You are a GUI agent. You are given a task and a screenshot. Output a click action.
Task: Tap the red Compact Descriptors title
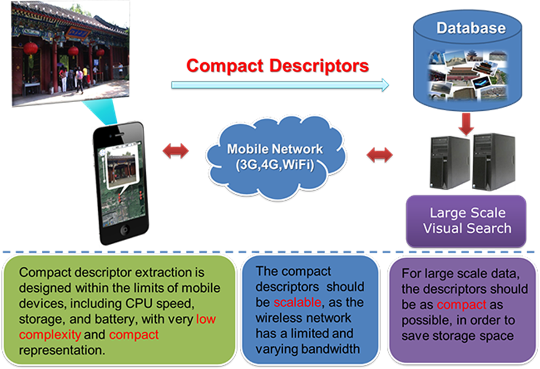(x=277, y=65)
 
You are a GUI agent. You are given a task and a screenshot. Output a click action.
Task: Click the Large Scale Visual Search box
(x=467, y=220)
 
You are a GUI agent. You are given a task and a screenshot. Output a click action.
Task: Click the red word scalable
(x=294, y=303)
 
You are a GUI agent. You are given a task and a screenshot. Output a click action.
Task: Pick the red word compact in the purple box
(x=458, y=305)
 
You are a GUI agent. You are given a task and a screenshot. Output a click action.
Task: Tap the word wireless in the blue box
(x=276, y=318)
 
